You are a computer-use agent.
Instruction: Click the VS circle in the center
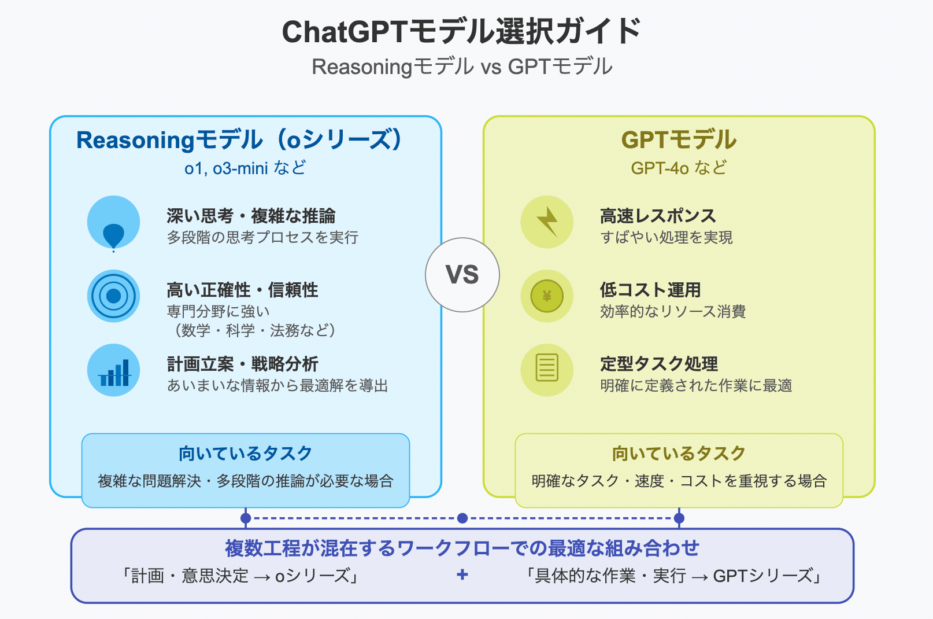tap(462, 275)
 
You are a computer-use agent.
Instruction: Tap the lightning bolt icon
tap(547, 222)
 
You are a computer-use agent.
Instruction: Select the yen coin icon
tap(547, 296)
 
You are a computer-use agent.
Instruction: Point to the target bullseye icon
tap(113, 296)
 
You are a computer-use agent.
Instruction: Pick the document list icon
tap(547, 368)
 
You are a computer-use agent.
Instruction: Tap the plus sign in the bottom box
tap(462, 575)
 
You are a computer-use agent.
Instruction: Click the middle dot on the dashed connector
tap(462, 518)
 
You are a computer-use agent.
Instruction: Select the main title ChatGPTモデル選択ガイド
tap(461, 32)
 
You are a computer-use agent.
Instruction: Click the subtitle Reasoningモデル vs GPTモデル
tap(462, 67)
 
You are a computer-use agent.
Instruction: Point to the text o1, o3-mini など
tap(245, 168)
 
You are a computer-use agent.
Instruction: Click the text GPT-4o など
tap(679, 168)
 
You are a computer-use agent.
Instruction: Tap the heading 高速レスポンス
tap(658, 216)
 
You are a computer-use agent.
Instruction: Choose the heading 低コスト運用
tap(650, 290)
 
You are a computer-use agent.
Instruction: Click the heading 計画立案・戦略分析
tap(243, 364)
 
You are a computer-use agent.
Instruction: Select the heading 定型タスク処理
tap(659, 364)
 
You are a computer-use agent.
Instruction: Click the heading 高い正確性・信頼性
tap(242, 290)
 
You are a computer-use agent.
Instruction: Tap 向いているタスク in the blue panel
tap(245, 454)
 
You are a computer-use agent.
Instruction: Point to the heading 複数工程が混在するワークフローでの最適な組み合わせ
tap(462, 548)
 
